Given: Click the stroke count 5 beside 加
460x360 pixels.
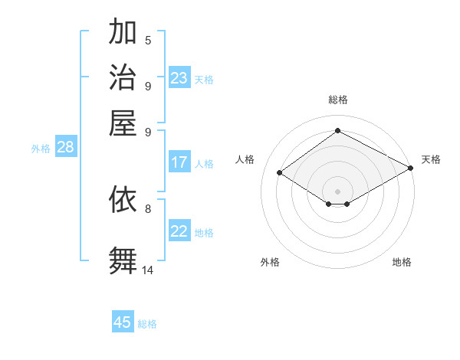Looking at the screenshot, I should click(148, 41).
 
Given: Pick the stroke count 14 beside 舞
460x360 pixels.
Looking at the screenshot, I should click(148, 270).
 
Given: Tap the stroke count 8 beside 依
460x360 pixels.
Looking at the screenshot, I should click(148, 208).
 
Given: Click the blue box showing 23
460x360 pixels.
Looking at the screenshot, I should click(179, 78).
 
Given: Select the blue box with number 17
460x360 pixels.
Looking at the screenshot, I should click(179, 162).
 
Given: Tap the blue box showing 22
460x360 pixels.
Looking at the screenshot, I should click(179, 231).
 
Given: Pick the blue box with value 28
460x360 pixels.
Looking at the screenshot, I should click(65, 148).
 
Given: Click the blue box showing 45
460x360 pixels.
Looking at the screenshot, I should click(123, 322).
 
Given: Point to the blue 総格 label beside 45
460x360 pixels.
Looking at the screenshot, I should click(147, 324).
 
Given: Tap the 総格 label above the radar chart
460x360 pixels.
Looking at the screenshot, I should click(338, 100).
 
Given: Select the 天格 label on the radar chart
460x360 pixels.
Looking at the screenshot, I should click(431, 159).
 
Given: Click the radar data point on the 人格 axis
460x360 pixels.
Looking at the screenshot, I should click(280, 173).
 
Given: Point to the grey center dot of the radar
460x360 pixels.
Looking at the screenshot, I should click(338, 191).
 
